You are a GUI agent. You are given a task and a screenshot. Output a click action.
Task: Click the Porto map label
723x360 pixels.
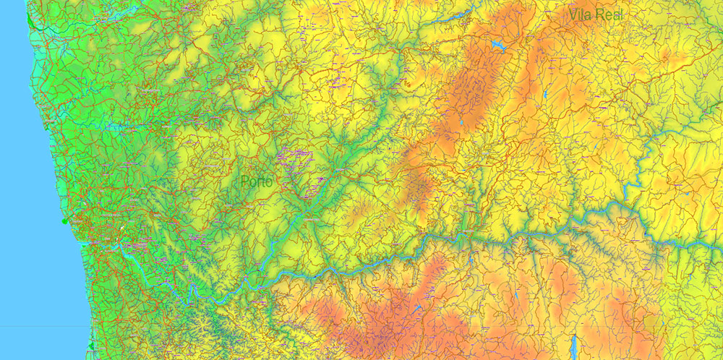[257, 182]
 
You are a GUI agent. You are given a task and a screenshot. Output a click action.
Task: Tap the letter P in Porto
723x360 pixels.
[244, 182]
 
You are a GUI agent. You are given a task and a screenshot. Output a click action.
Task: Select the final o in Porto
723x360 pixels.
[270, 183]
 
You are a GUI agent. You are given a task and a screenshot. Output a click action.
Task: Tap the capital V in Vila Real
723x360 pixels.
[573, 14]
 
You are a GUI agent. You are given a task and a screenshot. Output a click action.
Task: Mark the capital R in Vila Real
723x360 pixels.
[599, 14]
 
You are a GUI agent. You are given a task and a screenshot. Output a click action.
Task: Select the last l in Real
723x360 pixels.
[621, 14]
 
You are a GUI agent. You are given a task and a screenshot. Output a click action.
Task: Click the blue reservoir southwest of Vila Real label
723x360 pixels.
[497, 46]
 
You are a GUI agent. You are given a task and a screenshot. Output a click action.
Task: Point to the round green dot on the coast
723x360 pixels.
[65, 221]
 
